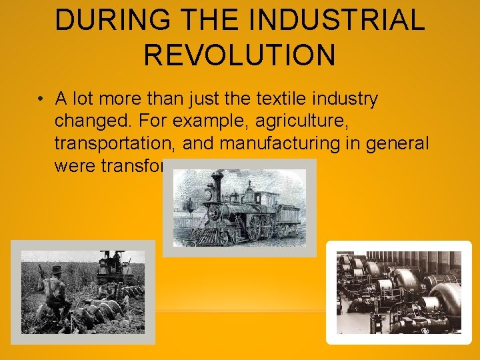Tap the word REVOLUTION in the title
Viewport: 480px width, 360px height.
[x=239, y=55]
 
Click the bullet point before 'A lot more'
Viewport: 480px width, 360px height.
[x=41, y=100]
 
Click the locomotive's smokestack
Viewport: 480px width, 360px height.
[x=217, y=183]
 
